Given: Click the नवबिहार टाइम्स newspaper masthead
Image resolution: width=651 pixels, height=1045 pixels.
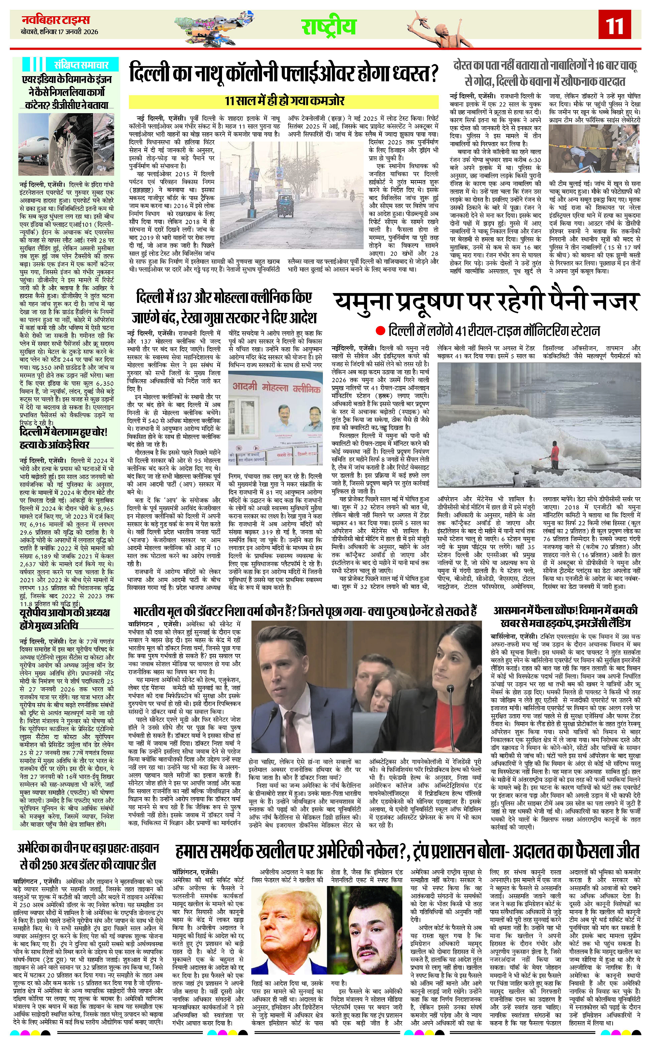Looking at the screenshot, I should (x=56, y=20).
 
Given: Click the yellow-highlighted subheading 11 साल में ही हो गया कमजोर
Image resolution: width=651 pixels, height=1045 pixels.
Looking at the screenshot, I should (x=284, y=101).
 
